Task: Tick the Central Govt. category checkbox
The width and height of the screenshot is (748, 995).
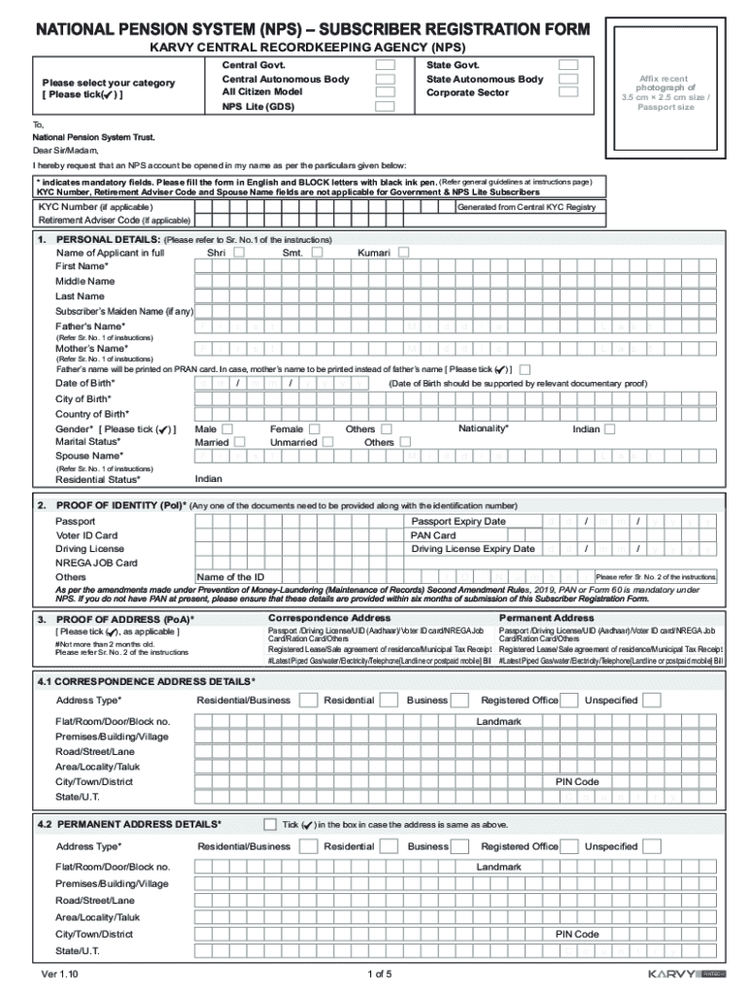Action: point(386,64)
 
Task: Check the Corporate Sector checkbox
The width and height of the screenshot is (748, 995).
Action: point(568,92)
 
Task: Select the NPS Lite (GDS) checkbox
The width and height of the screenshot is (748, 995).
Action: point(386,106)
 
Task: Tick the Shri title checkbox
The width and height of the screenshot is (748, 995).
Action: point(239,253)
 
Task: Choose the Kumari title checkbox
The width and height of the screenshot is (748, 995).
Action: point(403,253)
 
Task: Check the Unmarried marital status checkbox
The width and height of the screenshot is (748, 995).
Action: point(327,442)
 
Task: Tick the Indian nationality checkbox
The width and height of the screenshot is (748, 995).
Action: point(610,429)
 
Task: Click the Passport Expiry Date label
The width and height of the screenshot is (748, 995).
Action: point(459,522)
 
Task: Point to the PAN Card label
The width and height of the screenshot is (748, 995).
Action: point(433,535)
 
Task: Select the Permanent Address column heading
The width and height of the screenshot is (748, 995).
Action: point(546,618)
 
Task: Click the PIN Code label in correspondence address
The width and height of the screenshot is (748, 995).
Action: point(577,782)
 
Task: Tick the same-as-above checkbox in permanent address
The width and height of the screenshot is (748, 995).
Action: point(270,824)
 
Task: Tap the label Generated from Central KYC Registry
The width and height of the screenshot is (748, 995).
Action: point(526,207)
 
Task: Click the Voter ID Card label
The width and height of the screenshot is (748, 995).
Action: point(86,535)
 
